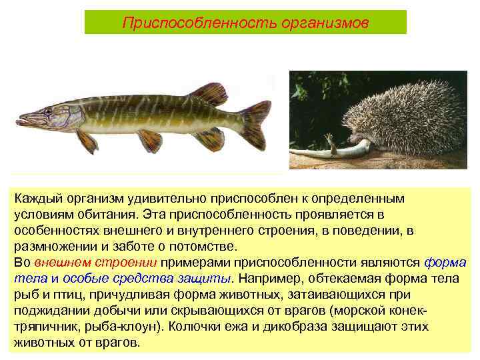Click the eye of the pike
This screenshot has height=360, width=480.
[47, 111]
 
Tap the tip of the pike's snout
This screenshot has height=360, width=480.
[19, 122]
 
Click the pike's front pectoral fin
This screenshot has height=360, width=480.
[86, 141]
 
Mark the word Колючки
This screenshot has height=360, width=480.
[199, 327]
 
